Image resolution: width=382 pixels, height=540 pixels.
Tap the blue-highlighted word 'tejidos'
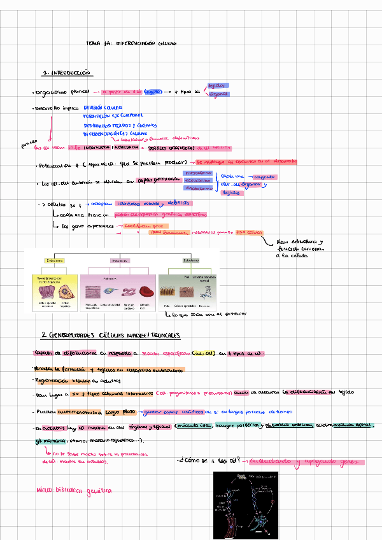pyautogui.click(x=218, y=85)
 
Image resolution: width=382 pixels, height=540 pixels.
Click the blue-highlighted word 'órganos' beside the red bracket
pyautogui.click(x=218, y=94)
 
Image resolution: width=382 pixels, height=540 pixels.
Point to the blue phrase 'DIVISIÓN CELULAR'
pyautogui.click(x=103, y=108)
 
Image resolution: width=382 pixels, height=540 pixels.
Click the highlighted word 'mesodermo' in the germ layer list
pyautogui.click(x=197, y=173)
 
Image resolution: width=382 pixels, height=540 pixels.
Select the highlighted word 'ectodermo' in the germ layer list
pyautogui.click(x=197, y=180)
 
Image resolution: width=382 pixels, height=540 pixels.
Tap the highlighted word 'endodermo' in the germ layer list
pyautogui.click(x=197, y=188)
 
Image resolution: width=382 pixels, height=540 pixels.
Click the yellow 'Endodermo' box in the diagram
pyautogui.click(x=54, y=260)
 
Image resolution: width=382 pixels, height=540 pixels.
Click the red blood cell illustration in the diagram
pyautogui.click(x=145, y=292)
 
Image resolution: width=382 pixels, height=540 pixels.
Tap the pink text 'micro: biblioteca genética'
pyautogui.click(x=74, y=491)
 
